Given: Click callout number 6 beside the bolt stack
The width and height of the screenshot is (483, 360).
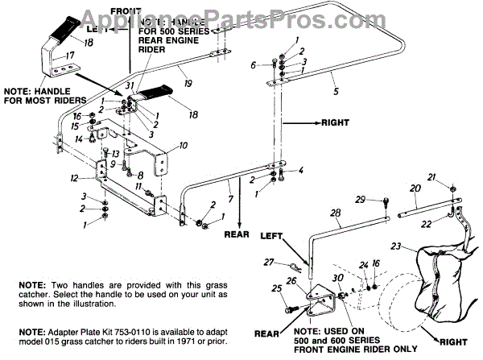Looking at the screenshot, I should pyautogui.click(x=253, y=65).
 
